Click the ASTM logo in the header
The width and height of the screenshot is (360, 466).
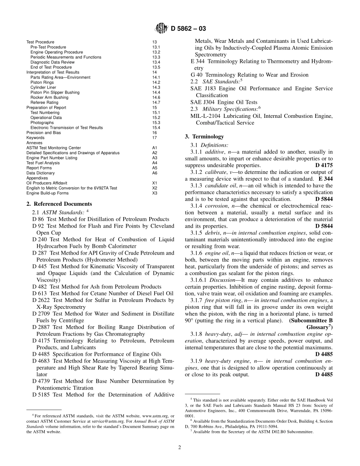[161, 28]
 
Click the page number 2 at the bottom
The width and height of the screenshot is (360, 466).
[180, 447]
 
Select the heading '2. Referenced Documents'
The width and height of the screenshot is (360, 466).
[59, 204]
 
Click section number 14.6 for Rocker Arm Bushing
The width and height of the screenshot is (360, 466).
[156, 97]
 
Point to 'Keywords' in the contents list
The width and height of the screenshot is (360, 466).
[35, 138]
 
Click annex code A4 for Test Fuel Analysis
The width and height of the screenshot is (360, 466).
[155, 163]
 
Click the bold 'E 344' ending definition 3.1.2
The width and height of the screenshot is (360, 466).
[326, 179]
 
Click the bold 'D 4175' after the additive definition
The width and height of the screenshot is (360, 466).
[324, 166]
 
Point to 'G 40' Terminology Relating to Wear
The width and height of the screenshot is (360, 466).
[196, 75]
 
